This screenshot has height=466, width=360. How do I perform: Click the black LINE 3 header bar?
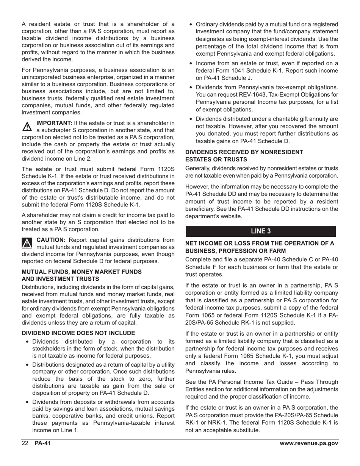coord(261,231)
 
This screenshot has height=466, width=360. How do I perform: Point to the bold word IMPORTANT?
coord(54,123)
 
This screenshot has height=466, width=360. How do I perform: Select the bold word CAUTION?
coord(51,240)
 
